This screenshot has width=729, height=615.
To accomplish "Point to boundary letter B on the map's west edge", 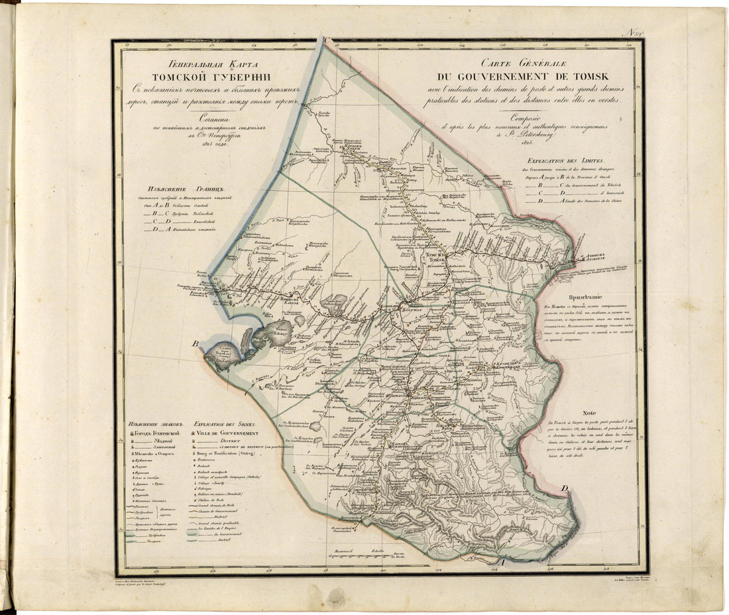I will point(196,344).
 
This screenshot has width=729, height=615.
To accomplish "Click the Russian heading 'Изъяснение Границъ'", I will point(180,189).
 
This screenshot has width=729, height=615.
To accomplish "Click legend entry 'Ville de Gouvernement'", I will point(225,431).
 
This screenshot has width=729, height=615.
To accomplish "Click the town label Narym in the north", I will point(351,148).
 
